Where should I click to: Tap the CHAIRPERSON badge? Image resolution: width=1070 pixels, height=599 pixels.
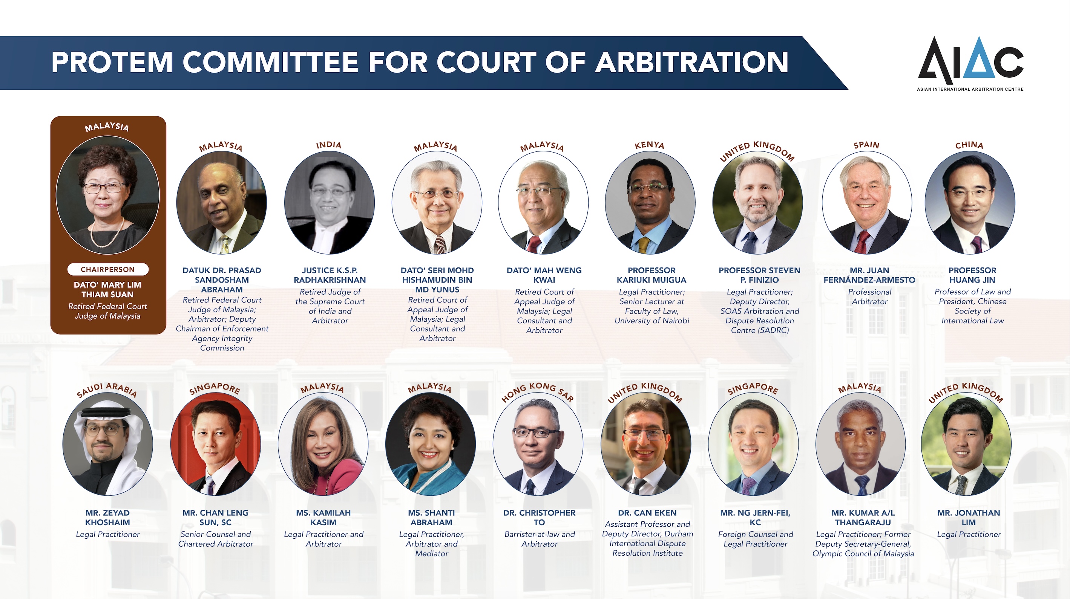[x=107, y=269]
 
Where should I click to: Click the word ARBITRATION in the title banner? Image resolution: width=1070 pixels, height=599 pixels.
[x=691, y=62]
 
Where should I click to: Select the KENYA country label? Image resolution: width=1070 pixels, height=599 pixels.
[x=649, y=145]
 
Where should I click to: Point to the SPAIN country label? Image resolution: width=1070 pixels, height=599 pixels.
[x=866, y=145]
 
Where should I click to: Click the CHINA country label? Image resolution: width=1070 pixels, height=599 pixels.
[x=969, y=145]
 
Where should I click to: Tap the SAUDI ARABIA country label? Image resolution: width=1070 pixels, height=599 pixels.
[x=107, y=390]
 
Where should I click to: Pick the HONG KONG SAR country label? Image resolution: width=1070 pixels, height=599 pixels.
[x=538, y=391]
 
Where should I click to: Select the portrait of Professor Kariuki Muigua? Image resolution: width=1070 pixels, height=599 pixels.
[x=650, y=203]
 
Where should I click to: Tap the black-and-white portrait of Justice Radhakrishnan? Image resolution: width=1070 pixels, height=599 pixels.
[x=330, y=203]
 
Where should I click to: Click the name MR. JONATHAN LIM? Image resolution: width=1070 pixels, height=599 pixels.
[x=969, y=517]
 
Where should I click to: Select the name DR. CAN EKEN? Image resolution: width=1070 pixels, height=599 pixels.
[x=647, y=513]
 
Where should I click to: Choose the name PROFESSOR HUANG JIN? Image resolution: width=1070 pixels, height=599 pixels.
[x=972, y=275]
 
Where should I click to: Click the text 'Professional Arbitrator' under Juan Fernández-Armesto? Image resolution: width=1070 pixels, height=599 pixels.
[x=870, y=296]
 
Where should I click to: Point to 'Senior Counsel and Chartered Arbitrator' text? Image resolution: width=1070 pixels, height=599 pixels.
[x=216, y=539]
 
